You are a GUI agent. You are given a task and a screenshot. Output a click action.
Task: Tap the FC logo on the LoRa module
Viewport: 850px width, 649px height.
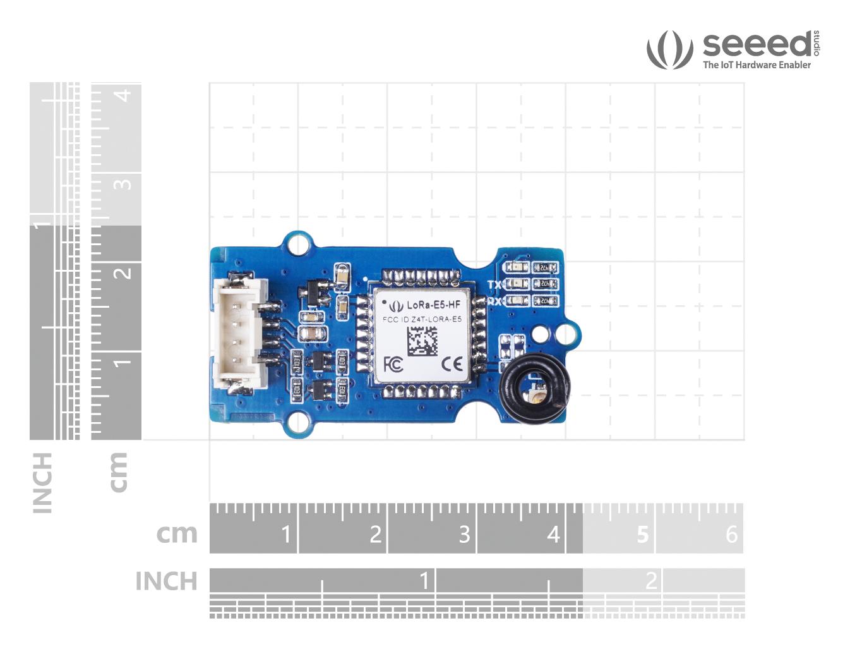(x=393, y=365)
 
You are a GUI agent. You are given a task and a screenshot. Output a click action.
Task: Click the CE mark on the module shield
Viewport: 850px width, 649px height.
(x=452, y=364)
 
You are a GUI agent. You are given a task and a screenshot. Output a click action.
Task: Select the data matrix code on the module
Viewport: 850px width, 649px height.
(x=422, y=341)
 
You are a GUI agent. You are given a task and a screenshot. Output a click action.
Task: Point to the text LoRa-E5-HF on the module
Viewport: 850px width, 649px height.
(x=433, y=305)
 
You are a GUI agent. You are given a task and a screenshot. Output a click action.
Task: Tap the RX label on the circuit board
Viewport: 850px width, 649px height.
(x=494, y=301)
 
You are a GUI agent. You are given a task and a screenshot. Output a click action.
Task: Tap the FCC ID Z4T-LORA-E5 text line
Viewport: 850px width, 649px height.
(x=422, y=319)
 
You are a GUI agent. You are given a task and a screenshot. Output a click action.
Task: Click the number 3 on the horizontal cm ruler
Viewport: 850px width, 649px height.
(x=464, y=535)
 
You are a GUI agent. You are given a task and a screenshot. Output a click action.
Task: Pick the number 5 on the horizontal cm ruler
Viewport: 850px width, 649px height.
(x=642, y=535)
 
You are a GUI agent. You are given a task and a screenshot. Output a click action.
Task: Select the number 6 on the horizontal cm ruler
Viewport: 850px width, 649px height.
(x=731, y=535)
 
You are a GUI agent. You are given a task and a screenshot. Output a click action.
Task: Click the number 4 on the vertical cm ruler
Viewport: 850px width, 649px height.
(x=124, y=95)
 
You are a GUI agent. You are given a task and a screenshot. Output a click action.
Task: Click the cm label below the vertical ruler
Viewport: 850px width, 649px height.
(x=117, y=472)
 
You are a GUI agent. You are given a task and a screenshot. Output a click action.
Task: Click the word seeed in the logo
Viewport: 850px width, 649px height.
(x=757, y=44)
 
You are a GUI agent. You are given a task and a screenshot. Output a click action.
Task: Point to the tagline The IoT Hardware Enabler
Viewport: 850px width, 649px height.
(x=757, y=64)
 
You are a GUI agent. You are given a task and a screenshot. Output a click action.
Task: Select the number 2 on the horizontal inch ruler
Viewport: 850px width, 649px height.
(x=651, y=580)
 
